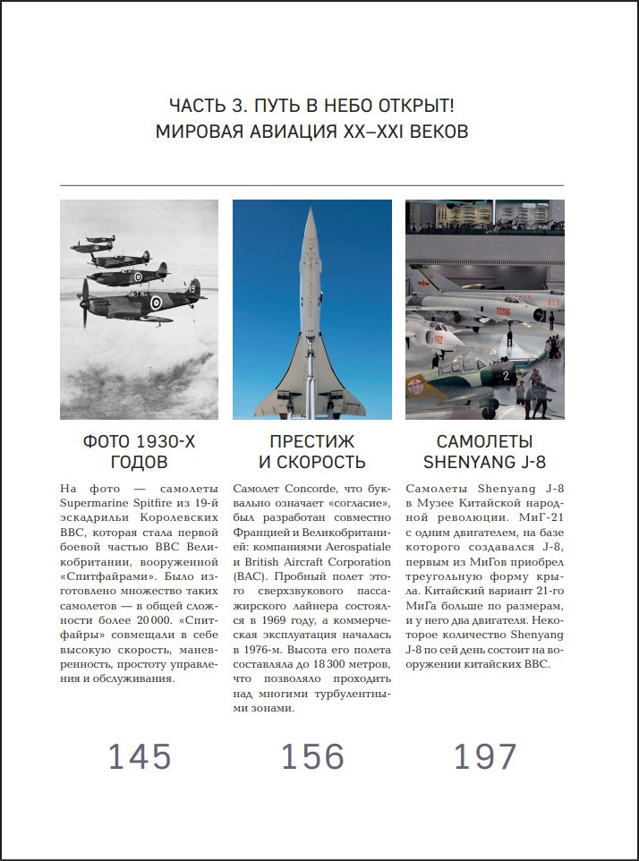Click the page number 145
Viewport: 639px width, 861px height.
click(x=140, y=756)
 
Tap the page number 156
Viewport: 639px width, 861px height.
click(x=312, y=756)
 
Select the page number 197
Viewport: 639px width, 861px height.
click(x=485, y=756)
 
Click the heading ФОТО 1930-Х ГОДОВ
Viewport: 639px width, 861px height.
click(x=139, y=451)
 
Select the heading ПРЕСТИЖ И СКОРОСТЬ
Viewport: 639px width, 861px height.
click(x=312, y=451)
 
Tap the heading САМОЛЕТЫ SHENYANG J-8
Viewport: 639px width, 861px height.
click(x=484, y=451)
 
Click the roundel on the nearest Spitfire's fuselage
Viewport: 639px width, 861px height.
click(x=156, y=303)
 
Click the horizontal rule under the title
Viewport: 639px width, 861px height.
click(x=311, y=185)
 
